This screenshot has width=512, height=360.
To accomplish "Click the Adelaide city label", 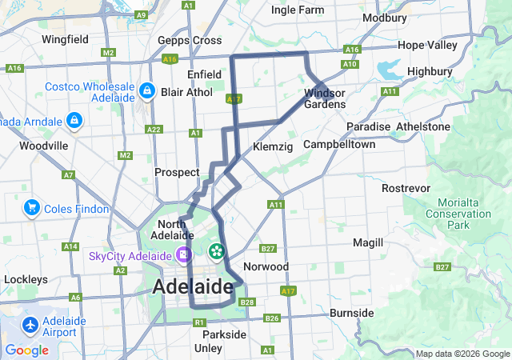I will [192, 286].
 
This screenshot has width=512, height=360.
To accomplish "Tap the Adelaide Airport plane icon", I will [30, 326].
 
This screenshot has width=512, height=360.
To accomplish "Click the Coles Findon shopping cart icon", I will [33, 208].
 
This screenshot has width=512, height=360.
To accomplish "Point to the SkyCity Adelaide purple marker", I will [184, 255].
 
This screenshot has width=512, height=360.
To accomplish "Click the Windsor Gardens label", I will [325, 98].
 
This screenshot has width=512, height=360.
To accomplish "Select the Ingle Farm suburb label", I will [298, 10].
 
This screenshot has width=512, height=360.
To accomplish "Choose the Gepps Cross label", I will [190, 40].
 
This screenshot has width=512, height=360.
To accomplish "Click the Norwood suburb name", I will [266, 266].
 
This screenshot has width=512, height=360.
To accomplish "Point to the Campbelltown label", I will [339, 146].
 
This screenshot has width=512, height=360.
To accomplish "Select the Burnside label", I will [351, 312].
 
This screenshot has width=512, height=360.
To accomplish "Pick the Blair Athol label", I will [187, 92].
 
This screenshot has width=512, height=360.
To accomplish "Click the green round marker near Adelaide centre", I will [216, 252].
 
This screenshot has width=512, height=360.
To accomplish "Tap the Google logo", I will [26, 350].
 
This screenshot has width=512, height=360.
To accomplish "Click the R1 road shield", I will [200, 322].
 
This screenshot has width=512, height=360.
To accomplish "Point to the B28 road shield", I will [247, 302].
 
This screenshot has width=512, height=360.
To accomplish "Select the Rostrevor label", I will [406, 187].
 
